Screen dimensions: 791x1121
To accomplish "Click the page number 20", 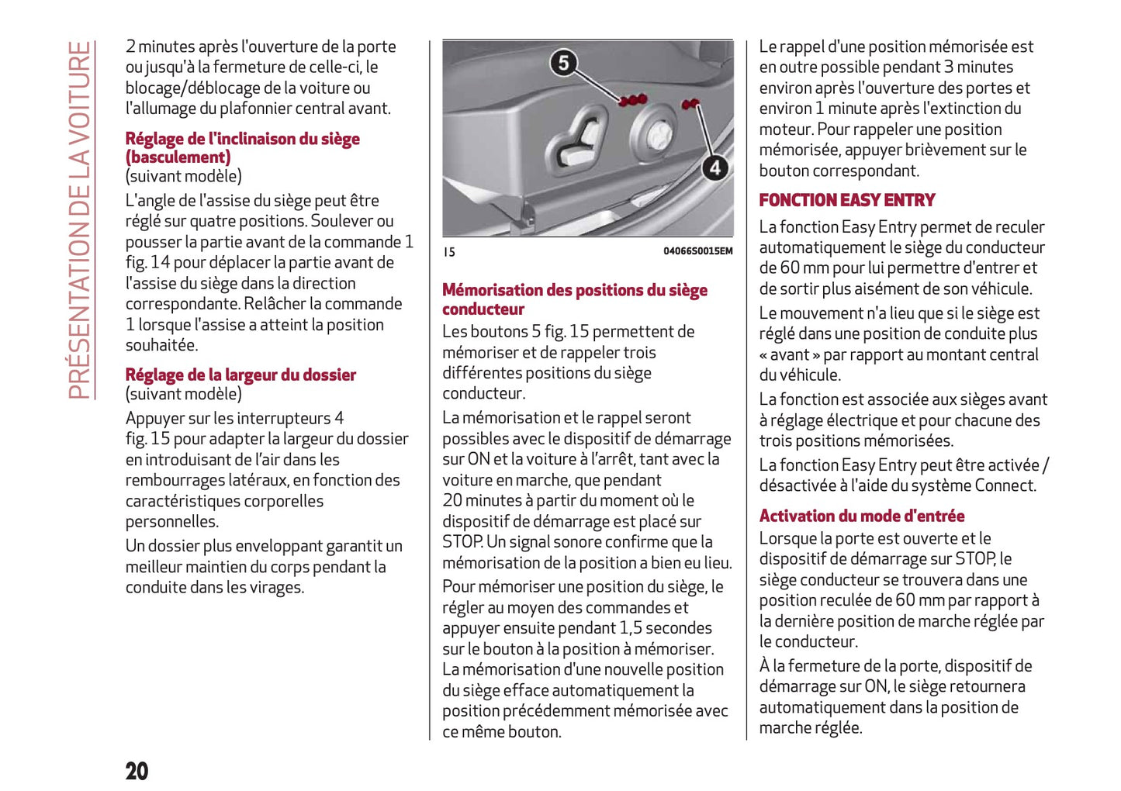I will pos(137,771).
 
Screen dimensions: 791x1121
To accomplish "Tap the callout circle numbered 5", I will pos(564,63).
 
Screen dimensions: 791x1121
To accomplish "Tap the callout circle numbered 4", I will pos(714,168).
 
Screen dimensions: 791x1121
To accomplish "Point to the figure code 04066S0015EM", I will pos(697,251).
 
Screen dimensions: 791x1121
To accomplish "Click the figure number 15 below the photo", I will pos(449,252).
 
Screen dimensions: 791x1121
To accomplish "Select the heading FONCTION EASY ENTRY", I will pos(846,200).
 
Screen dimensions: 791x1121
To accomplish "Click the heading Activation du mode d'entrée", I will pos(861,516).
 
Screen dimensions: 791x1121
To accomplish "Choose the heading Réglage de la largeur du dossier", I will pos(240,375).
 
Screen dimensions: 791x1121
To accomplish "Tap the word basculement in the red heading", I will pos(178,157).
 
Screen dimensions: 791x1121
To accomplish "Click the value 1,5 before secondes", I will pos(630,628).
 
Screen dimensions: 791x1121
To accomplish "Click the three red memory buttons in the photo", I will pos(633,100).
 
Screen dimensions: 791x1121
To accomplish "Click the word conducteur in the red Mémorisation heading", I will pos(483,309).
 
